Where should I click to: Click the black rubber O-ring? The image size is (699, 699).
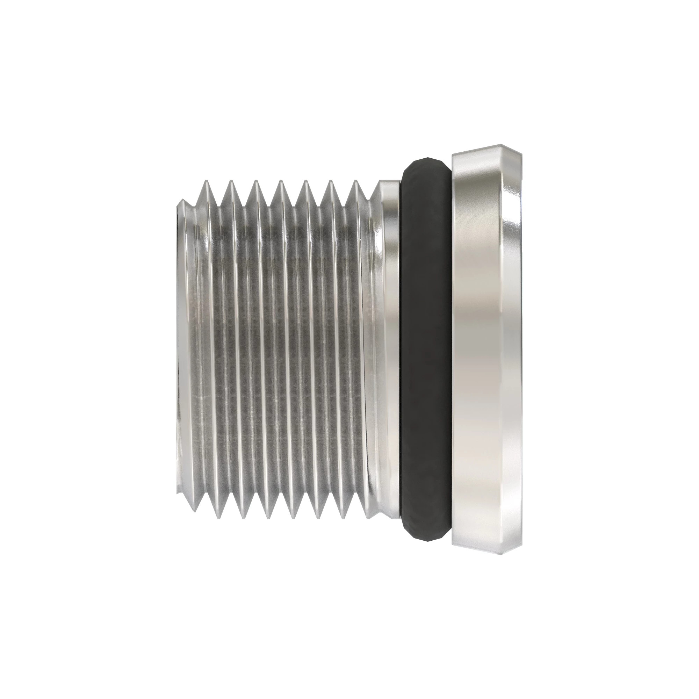point(426,349)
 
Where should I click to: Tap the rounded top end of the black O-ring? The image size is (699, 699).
point(425,161)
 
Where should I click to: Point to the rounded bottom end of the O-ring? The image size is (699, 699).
point(425,538)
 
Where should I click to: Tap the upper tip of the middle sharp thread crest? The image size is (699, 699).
point(280,182)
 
